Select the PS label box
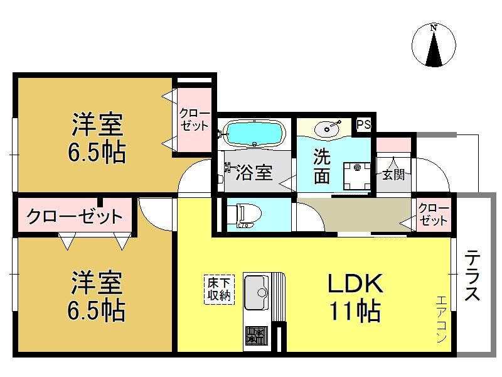point(364,124)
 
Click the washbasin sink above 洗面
point(328,129)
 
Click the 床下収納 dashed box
point(219,289)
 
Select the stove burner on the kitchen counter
point(257,335)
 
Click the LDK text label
point(355,283)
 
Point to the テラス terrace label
point(472,275)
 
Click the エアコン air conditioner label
point(441,319)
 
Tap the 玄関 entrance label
point(393,175)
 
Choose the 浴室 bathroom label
point(254,172)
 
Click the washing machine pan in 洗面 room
point(357,177)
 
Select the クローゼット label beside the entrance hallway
point(433,214)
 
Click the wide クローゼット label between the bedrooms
point(75,216)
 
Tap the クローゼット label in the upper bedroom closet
point(195,119)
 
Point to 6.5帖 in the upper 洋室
point(97,152)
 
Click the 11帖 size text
point(355,310)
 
